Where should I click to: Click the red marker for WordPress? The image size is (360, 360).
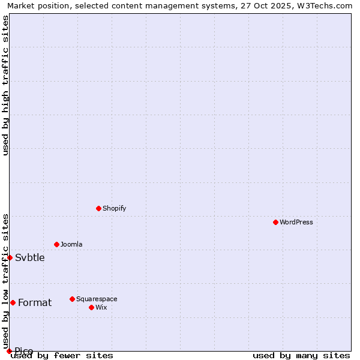pos(275,222)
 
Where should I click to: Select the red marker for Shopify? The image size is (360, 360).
pos(98,208)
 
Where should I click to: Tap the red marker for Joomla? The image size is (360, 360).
pos(56,244)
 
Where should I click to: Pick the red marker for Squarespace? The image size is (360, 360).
pos(72,299)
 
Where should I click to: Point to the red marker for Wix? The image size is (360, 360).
pos(91,307)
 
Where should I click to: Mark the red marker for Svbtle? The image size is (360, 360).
pos(10,257)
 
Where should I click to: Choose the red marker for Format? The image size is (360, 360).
pos(13,302)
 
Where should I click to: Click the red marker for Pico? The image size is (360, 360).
pos(9,351)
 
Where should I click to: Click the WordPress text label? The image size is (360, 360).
pos(296,222)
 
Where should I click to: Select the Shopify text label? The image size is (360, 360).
pos(114,208)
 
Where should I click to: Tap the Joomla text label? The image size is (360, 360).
pos(71,244)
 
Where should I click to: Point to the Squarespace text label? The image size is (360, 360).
pos(97,299)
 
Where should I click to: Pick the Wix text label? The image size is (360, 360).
pos(101,307)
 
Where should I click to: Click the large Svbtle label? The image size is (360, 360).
pos(30,258)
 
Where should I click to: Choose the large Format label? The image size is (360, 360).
pos(35,303)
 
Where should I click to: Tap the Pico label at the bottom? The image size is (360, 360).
pos(24,351)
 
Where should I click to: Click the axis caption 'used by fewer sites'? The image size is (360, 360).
pos(62,355)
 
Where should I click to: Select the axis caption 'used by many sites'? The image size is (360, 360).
pos(301,355)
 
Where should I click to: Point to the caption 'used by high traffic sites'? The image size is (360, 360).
pos(6,85)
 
